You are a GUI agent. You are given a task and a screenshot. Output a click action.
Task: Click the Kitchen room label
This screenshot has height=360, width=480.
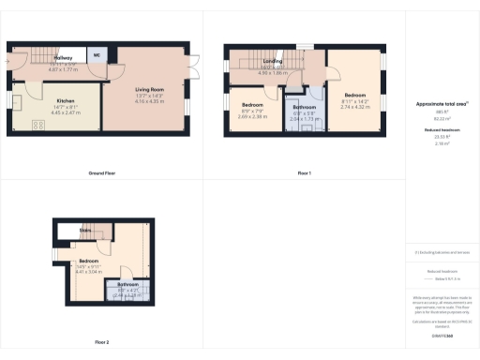pos(65,99)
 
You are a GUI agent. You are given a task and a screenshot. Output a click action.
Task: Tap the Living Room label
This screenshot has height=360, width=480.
pos(150,90)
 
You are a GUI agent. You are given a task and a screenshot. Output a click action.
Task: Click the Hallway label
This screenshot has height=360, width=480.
pos(63,57)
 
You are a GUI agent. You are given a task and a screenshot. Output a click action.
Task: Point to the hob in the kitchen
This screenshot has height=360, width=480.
pos(38,125)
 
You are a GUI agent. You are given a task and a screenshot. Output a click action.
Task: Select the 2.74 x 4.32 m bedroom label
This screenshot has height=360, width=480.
pos(354,96)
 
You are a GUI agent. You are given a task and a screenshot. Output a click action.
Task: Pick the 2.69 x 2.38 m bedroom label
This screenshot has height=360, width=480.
pos(252,104)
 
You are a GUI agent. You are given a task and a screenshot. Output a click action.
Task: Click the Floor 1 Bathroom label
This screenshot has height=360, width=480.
pos(306,108)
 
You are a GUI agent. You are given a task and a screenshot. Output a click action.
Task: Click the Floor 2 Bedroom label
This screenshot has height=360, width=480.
pos(89,261)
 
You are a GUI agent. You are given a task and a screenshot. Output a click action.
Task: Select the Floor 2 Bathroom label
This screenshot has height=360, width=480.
pos(128,284)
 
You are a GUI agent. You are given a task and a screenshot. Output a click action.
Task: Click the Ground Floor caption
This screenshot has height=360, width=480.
pos(101,174)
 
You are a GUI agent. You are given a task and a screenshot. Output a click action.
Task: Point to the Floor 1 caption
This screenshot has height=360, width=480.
pos(304,174)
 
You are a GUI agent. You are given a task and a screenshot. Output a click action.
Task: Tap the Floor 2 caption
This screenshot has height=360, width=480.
pos(101,342)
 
